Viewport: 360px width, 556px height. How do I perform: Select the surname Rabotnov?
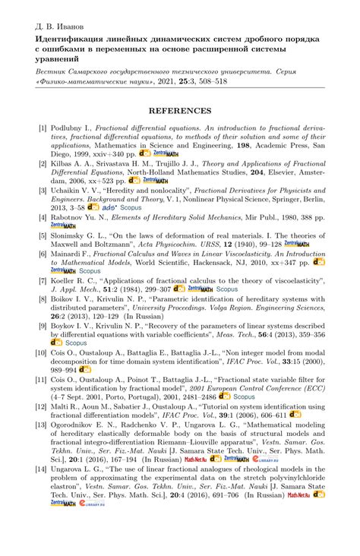click(x=72, y=218)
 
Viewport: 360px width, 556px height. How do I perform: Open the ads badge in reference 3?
click(x=112, y=207)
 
